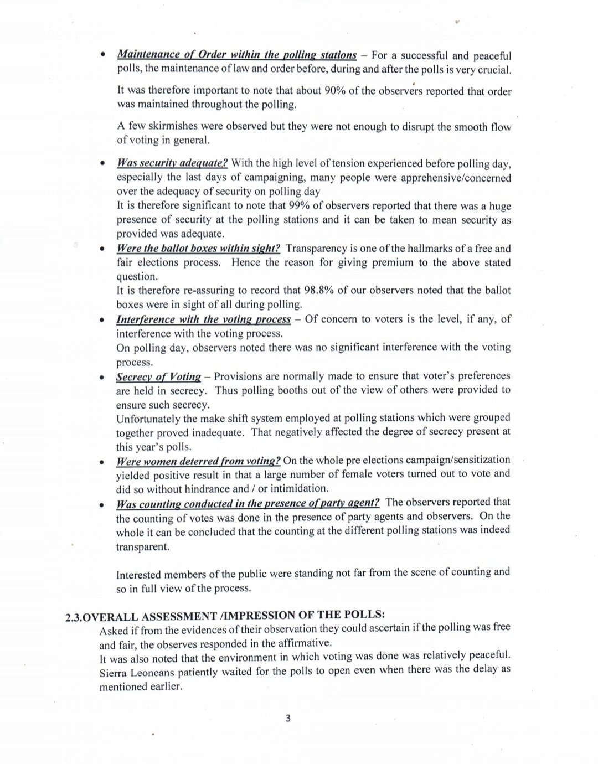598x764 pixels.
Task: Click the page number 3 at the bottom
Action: pos(288,719)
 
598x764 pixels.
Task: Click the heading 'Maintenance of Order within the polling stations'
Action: pos(236,55)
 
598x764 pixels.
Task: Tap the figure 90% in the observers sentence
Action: pos(334,91)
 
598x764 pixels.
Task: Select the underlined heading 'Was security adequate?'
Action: pos(172,163)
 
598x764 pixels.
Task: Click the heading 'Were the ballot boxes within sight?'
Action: pos(198,249)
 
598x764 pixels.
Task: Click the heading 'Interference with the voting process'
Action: pos(203,319)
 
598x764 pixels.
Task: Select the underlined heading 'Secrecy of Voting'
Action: pos(158,377)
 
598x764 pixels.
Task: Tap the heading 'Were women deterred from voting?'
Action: pos(198,461)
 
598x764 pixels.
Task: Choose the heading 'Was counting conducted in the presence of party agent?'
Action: pos(248,504)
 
